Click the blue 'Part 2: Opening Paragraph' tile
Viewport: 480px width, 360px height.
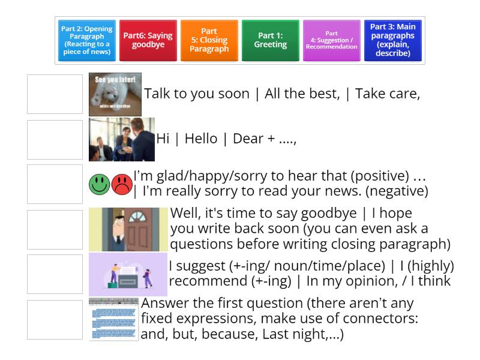pos(87,41)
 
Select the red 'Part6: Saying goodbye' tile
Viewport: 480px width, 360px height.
pos(148,41)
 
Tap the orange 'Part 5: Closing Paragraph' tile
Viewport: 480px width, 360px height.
pos(209,41)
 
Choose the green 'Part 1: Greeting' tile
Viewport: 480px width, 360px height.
pos(271,41)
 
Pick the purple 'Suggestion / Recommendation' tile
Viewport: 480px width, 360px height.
pos(332,41)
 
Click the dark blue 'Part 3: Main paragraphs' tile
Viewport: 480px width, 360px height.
pos(393,41)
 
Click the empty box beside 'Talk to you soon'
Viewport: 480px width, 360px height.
pos(55,94)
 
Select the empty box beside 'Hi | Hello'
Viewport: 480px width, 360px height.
pos(55,139)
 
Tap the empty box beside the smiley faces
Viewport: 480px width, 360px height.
pos(55,184)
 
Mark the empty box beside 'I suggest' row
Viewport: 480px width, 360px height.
pos(55,274)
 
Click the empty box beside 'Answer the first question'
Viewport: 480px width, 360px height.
pos(55,319)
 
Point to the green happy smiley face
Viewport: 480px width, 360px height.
pos(100,184)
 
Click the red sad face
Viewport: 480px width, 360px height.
pos(122,184)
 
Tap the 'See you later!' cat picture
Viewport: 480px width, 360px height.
pos(115,94)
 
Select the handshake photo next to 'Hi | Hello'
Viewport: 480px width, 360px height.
pos(122,140)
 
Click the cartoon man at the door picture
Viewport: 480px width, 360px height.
pos(128,229)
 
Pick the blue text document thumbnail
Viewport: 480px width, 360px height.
pos(113,319)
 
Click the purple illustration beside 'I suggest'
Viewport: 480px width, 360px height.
pos(128,274)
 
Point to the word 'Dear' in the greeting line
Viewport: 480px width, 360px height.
pos(247,139)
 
